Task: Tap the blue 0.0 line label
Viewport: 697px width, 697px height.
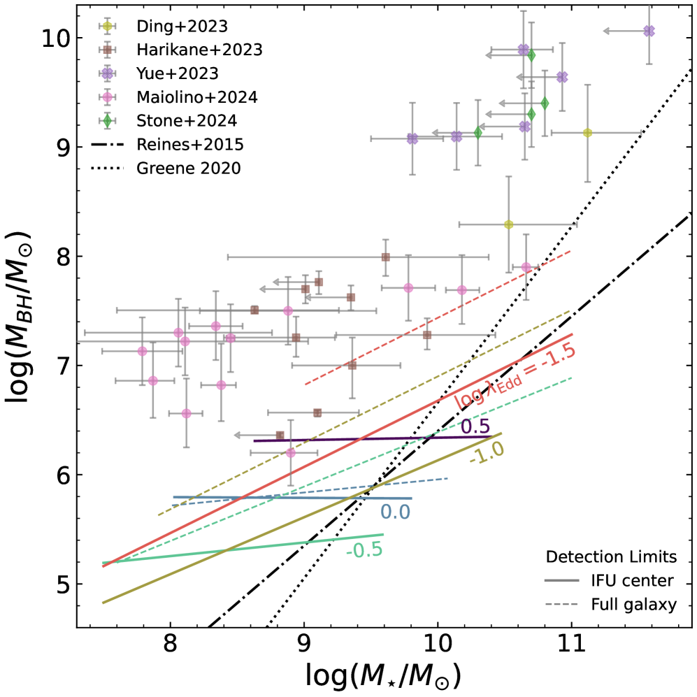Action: tap(395, 512)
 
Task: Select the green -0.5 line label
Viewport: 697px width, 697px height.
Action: tap(363, 550)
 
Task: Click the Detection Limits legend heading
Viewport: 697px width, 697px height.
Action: tap(610, 557)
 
